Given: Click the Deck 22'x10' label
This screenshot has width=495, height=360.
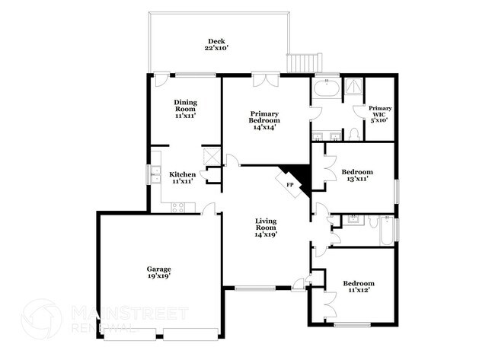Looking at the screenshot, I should click(x=217, y=44).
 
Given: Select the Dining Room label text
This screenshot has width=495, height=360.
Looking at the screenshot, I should click(x=185, y=109).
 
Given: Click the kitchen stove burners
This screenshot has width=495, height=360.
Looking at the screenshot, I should click(x=179, y=205).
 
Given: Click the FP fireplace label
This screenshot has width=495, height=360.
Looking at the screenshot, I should click(x=289, y=184).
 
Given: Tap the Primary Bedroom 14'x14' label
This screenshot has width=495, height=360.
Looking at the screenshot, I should click(x=265, y=120).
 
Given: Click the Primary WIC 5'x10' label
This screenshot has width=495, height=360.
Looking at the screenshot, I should click(x=379, y=114).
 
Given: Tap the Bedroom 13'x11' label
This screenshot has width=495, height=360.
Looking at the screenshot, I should click(x=356, y=176).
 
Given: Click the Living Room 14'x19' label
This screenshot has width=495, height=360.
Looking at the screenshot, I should click(x=265, y=227).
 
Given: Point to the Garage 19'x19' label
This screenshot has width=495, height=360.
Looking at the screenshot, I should click(x=158, y=272).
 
